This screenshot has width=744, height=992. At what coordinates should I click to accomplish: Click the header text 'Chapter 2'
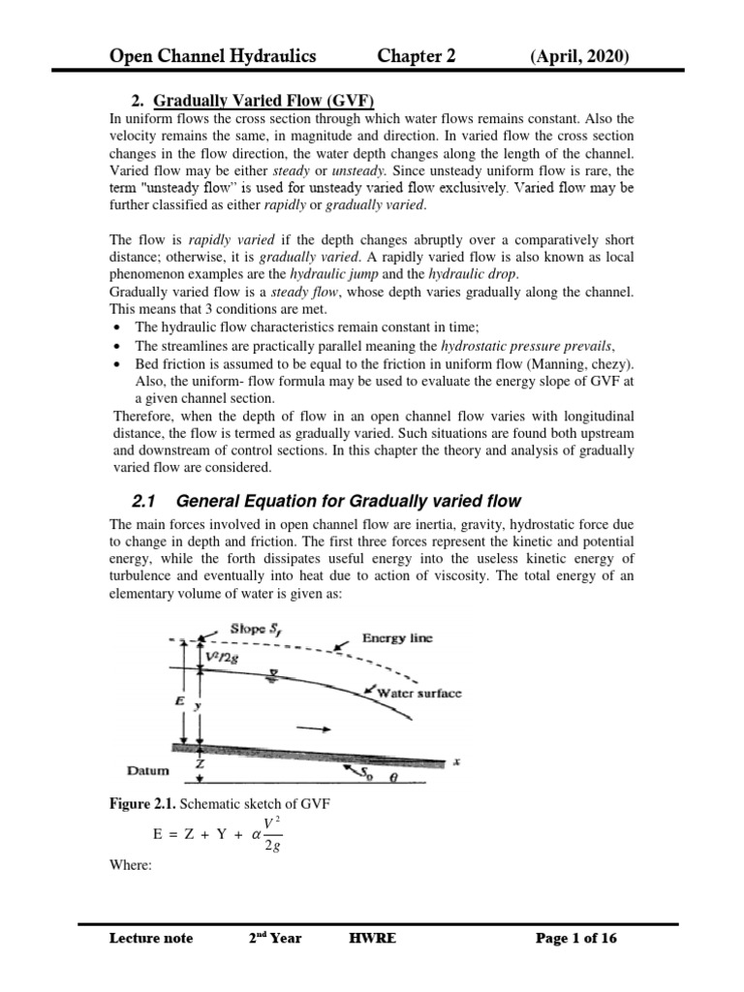[x=417, y=57]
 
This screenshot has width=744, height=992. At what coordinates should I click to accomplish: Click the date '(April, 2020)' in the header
[x=579, y=57]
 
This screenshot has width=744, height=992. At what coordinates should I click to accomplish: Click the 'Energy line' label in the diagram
[x=398, y=637]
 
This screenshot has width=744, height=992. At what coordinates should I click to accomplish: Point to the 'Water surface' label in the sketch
[x=415, y=694]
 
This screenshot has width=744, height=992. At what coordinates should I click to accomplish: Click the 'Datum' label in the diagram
[x=148, y=771]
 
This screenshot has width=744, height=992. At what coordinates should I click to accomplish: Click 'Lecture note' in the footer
[x=152, y=938]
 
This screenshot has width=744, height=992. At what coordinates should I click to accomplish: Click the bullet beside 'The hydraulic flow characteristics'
[x=117, y=327]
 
